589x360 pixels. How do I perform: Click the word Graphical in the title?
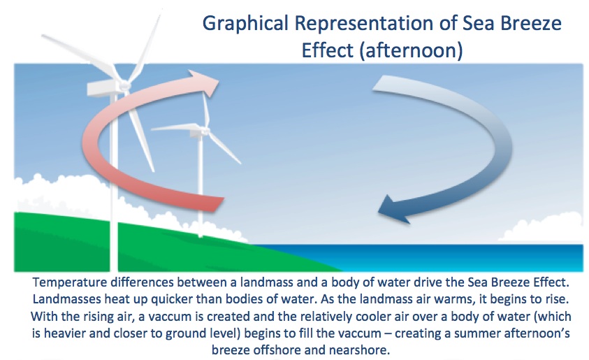(245, 24)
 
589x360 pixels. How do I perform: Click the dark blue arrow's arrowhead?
(393, 210)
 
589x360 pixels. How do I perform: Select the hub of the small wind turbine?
(205, 131)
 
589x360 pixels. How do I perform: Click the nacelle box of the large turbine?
(102, 89)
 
